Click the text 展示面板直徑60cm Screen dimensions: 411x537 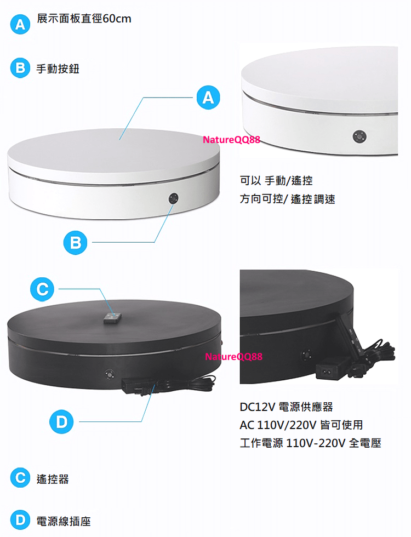(x=84, y=19)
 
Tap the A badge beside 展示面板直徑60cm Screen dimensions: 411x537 (x=20, y=24)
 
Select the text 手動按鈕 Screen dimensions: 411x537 (x=58, y=68)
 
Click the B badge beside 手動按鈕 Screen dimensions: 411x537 (x=20, y=68)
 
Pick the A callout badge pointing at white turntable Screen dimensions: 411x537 (x=208, y=98)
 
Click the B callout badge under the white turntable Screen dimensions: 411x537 (x=76, y=243)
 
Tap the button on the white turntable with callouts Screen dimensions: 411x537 (x=173, y=198)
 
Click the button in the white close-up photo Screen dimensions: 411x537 (x=359, y=136)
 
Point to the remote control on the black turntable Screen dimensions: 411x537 (x=112, y=318)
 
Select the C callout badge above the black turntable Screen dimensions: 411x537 (x=42, y=289)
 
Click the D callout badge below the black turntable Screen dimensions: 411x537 (x=61, y=421)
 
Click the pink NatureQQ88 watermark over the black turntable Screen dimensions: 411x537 (x=233, y=357)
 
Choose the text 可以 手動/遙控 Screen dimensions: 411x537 (x=276, y=180)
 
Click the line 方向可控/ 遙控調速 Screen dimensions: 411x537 (x=287, y=198)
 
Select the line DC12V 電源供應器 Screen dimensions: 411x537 (x=286, y=407)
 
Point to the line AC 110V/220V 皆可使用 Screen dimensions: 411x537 (x=301, y=425)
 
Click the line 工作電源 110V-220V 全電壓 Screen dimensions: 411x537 (x=310, y=443)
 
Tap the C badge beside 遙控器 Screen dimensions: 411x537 (x=20, y=478)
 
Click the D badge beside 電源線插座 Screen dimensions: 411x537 (x=20, y=520)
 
